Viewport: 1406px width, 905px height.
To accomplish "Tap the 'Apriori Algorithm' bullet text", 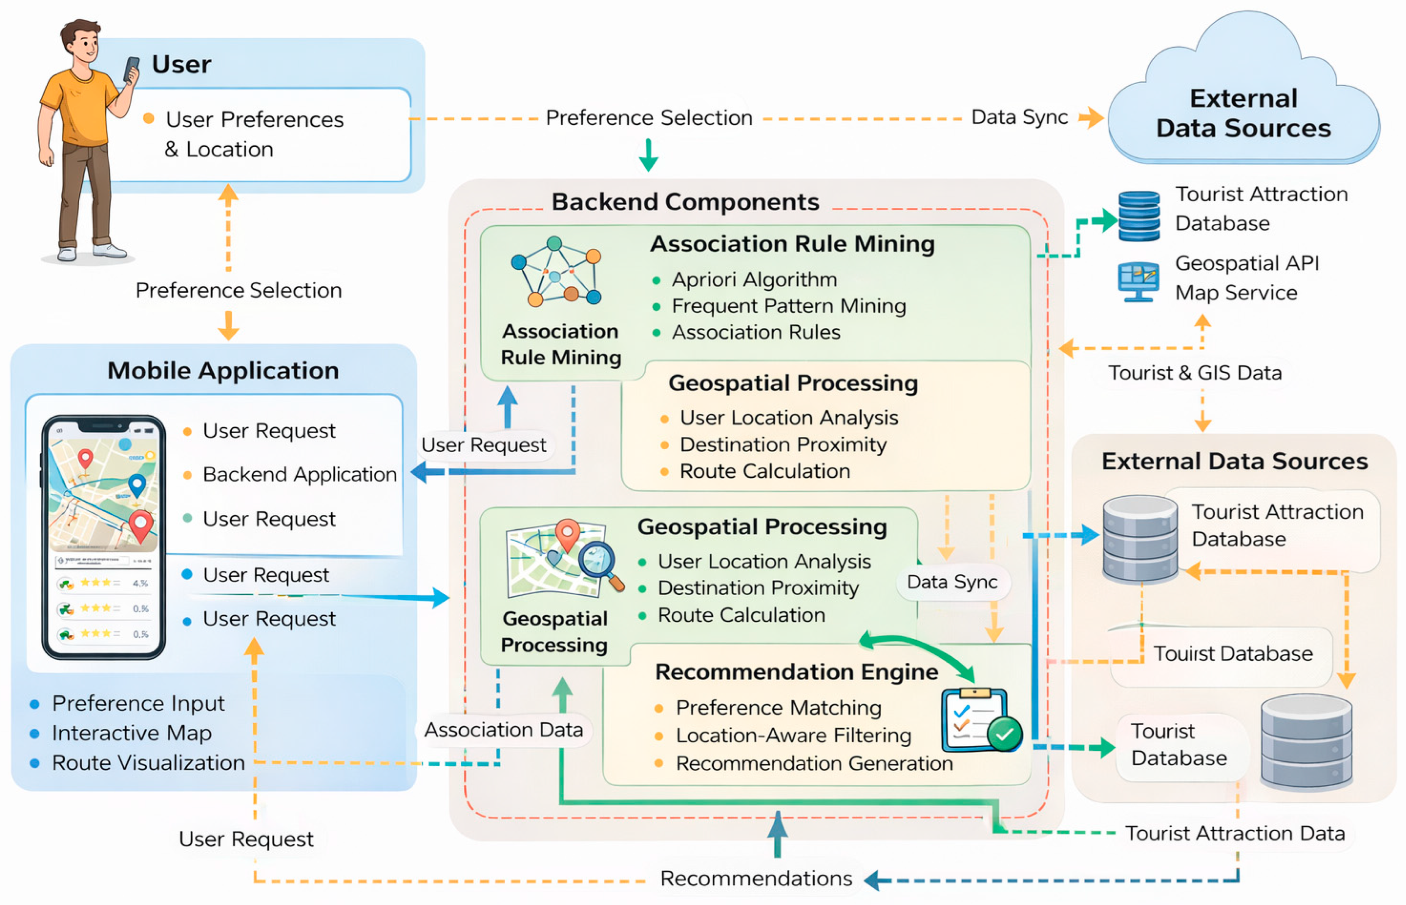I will (754, 280).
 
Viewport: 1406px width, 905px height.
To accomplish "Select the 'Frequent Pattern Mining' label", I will (788, 306).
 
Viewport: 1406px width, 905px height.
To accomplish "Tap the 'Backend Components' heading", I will (685, 202).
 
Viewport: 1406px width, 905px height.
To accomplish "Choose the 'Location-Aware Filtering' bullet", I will (793, 735).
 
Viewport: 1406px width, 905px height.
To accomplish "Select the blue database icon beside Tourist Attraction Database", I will (1138, 216).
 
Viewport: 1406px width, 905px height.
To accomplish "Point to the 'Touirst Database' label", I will (1233, 654).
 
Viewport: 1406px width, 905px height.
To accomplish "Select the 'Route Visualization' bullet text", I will (148, 763).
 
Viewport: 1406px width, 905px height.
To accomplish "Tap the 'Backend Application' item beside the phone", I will (299, 474).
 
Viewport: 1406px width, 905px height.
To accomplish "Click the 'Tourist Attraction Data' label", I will (1234, 833).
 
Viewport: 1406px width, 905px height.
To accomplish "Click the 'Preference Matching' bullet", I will (778, 707).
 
